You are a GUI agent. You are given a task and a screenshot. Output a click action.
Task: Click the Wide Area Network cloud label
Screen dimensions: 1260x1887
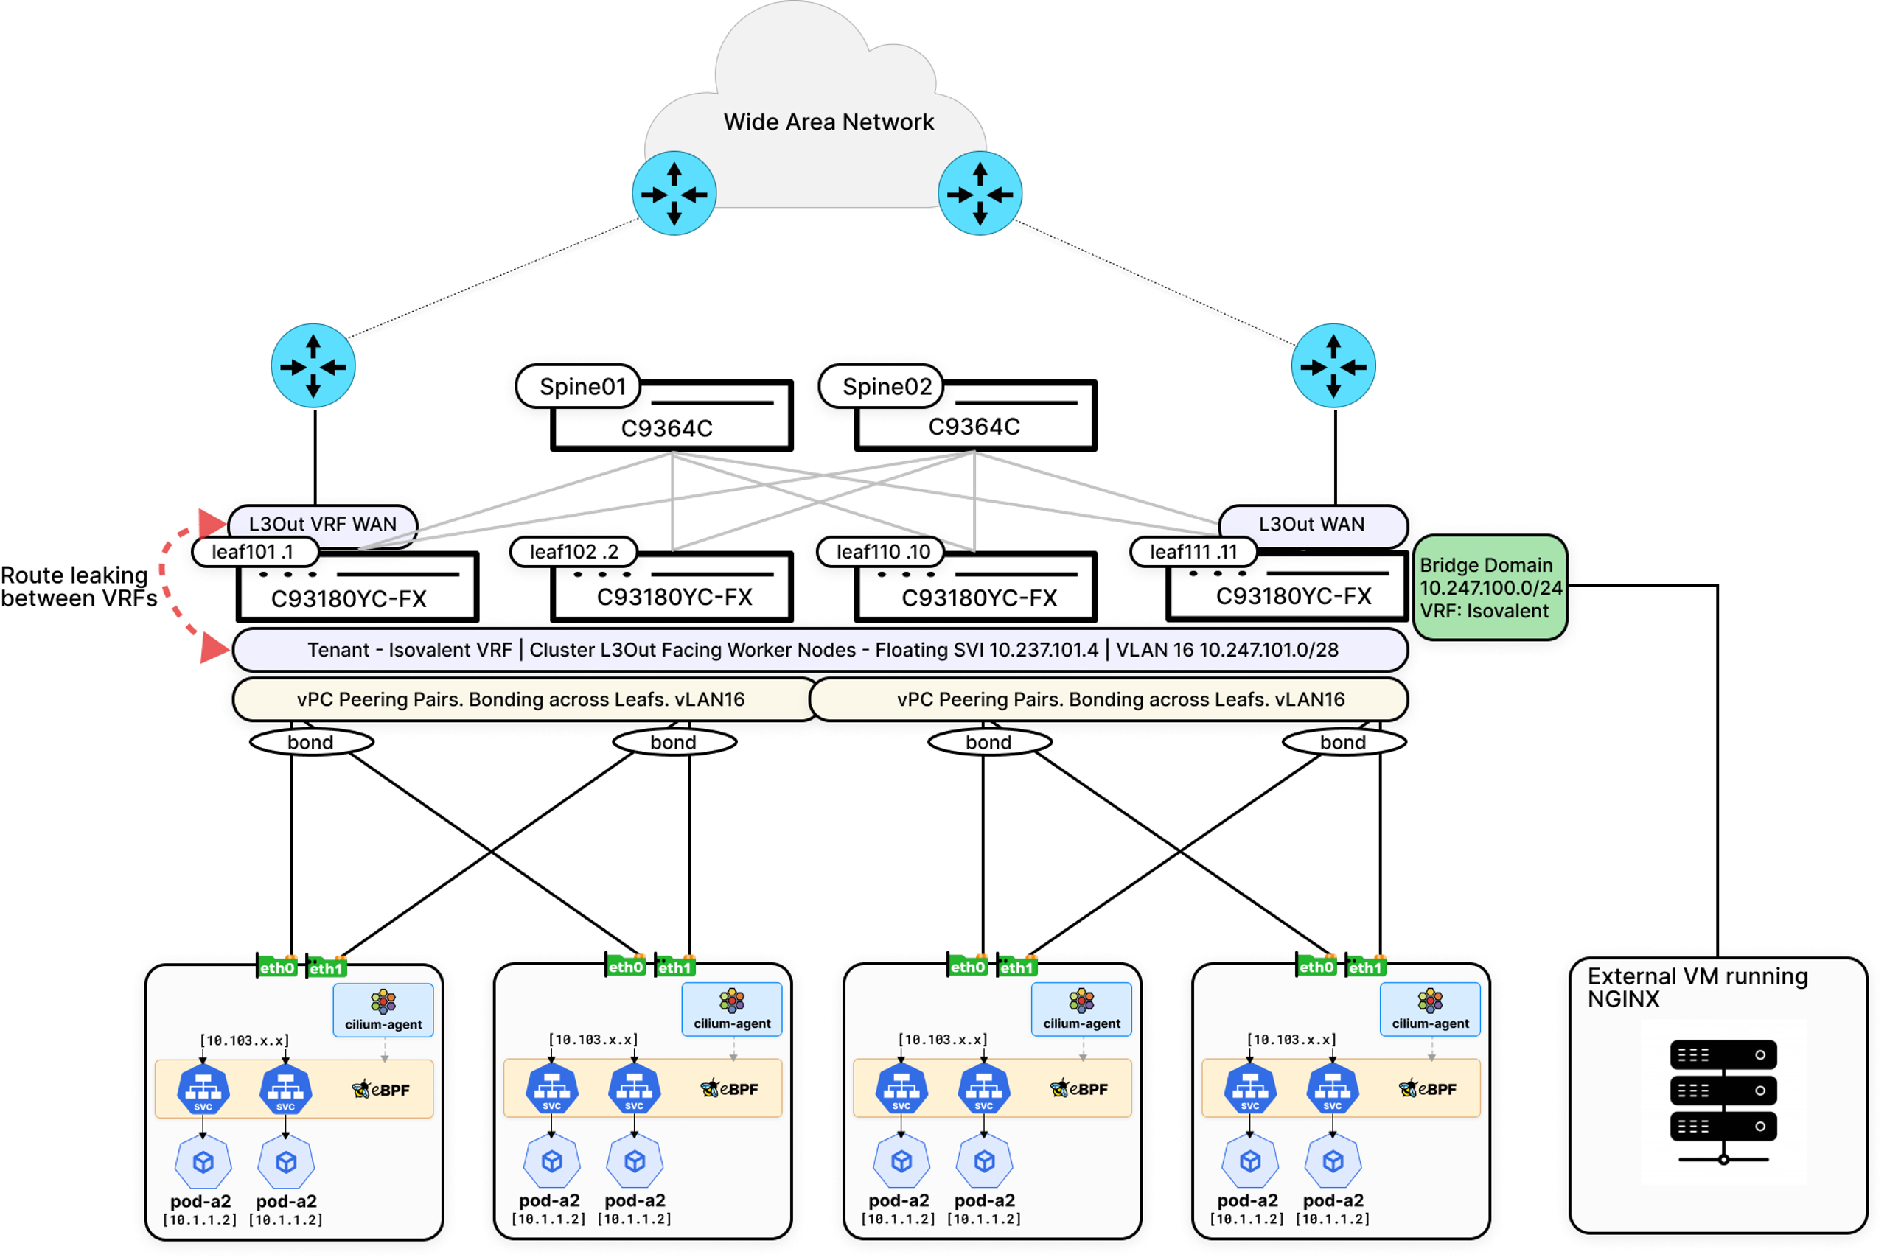pyautogui.click(x=828, y=122)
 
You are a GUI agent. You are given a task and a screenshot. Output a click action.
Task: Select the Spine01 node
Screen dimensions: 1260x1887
pyautogui.click(x=582, y=387)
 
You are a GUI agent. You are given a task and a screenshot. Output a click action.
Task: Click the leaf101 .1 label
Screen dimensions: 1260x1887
pyautogui.click(x=252, y=552)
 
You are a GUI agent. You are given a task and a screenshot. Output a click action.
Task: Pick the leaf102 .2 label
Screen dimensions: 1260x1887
pyautogui.click(x=573, y=552)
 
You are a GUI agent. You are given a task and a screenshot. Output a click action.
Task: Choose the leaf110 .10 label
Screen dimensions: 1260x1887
pyautogui.click(x=882, y=552)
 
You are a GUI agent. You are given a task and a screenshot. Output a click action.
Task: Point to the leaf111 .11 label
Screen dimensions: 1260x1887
pyautogui.click(x=1193, y=552)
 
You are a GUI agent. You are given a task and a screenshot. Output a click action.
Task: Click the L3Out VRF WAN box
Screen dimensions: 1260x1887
pyautogui.click(x=322, y=524)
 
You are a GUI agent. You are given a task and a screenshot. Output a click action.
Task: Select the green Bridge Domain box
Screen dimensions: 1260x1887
pyautogui.click(x=1490, y=587)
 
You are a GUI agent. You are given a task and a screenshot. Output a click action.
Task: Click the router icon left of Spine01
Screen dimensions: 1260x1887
pyautogui.click(x=313, y=366)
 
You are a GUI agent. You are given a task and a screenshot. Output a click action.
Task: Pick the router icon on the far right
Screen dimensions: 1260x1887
pyautogui.click(x=1333, y=366)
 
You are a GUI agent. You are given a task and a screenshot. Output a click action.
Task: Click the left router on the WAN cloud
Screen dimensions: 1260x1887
pyautogui.click(x=674, y=194)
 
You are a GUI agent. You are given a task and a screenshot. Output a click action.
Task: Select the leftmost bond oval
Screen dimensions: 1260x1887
pyautogui.click(x=310, y=742)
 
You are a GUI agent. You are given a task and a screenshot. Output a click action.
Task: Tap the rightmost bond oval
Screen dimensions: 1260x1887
pyautogui.click(x=1342, y=742)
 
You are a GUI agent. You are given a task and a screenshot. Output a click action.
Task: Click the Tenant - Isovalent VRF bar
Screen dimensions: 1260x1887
pyautogui.click(x=820, y=649)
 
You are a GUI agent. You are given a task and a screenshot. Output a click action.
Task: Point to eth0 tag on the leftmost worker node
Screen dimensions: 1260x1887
pyautogui.click(x=277, y=967)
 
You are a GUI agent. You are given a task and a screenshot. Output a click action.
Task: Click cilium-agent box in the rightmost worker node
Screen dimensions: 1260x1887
pyautogui.click(x=1430, y=1010)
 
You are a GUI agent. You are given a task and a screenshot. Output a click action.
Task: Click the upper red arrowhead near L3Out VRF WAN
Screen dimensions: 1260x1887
pyautogui.click(x=214, y=522)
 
